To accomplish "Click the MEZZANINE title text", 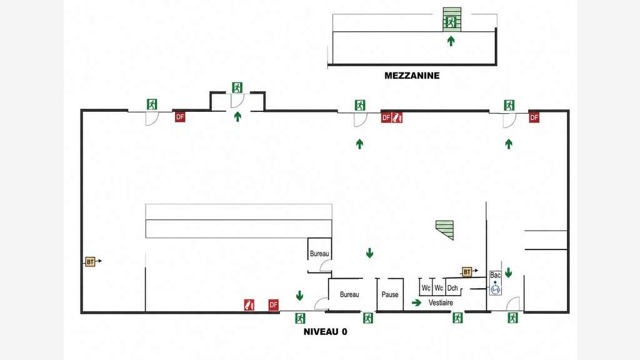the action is click(x=412, y=76).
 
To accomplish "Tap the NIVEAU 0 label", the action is click(x=325, y=332).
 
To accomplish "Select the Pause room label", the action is click(x=390, y=294).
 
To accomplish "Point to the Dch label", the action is click(x=452, y=287).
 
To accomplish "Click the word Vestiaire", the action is click(x=441, y=303).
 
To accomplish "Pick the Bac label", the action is click(x=495, y=275).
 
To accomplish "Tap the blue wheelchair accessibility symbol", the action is click(x=496, y=287).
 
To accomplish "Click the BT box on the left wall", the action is click(x=90, y=262).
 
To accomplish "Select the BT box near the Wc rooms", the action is click(x=467, y=272).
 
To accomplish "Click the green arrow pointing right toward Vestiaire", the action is click(x=416, y=303).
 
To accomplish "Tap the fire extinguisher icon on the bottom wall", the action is click(x=249, y=305).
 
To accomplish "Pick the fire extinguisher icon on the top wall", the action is click(x=397, y=117).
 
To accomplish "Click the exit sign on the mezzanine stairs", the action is click(x=451, y=22).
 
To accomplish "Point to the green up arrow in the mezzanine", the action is click(x=451, y=41).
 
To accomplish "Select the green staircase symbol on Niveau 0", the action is click(x=445, y=230).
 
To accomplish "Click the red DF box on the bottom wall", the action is click(x=274, y=305).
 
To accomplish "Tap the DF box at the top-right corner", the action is click(x=534, y=117).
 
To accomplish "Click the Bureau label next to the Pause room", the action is click(x=349, y=294).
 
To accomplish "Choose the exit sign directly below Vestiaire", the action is click(x=457, y=317).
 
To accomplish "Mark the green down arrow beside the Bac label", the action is click(x=508, y=272).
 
